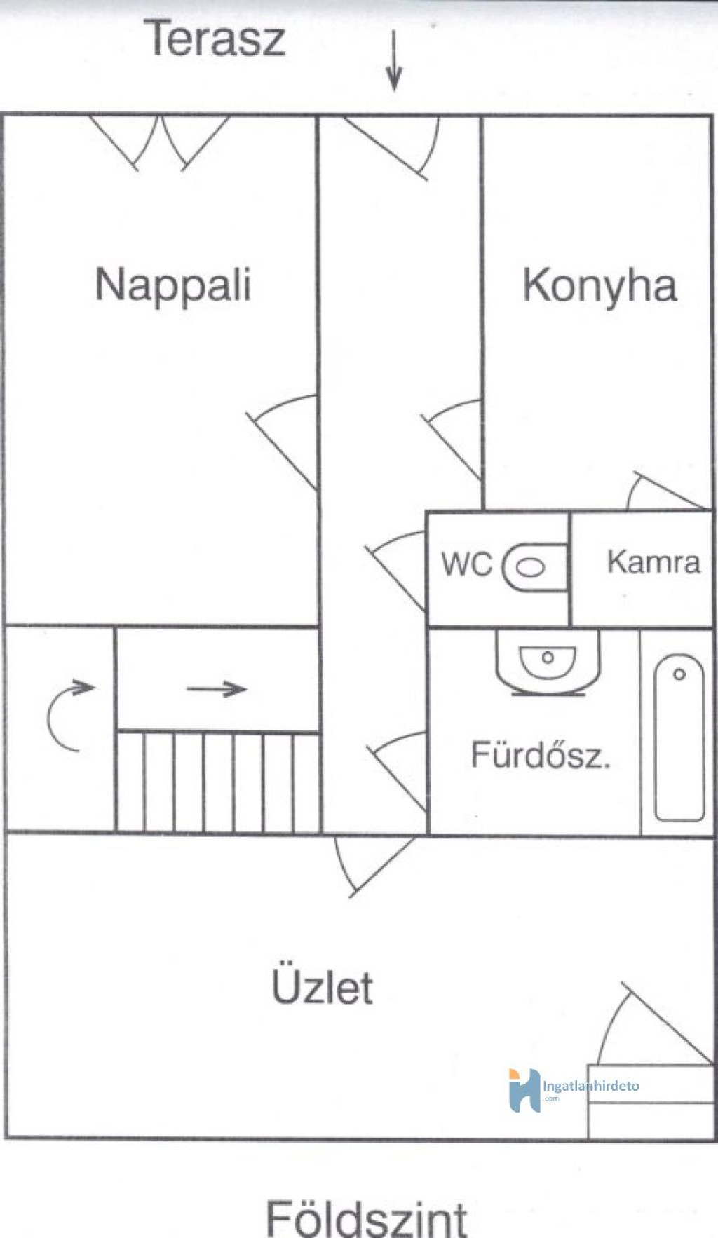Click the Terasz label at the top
coord(215,39)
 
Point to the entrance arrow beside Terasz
coord(394,61)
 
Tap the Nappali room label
coord(173,285)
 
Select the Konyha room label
coord(600,285)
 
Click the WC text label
coord(467,564)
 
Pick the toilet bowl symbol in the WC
coord(534,567)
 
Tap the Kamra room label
coord(653,562)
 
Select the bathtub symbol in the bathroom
coord(679,737)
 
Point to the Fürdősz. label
coord(541,755)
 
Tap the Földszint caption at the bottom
coord(366,1218)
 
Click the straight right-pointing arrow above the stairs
coord(217,689)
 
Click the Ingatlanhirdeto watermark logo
coord(574,1090)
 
